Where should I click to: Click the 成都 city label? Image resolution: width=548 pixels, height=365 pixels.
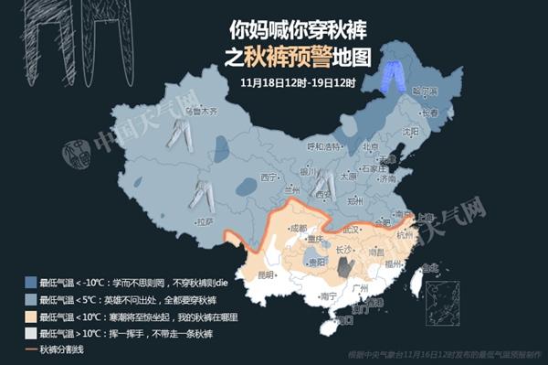coord(298,228)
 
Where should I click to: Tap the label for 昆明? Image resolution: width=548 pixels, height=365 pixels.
coord(266,274)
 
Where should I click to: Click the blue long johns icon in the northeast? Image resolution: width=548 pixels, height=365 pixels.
coord(393,73)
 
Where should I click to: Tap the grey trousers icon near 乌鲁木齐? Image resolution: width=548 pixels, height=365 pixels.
coord(178,134)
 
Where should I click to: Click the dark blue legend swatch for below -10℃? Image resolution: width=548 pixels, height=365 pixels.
coord(31,282)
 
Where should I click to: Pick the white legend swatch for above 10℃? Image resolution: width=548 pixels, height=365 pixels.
coord(31,334)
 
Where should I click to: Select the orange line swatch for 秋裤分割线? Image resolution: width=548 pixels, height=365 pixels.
coord(31,350)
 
